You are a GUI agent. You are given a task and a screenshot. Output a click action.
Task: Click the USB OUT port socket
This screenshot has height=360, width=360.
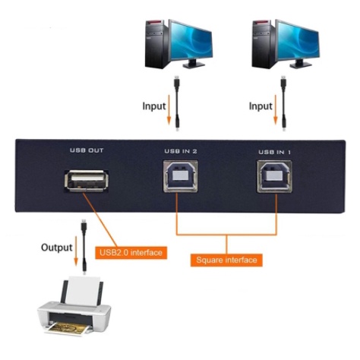click(87, 181)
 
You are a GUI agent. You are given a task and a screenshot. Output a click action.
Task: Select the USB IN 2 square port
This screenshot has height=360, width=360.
click(180, 176)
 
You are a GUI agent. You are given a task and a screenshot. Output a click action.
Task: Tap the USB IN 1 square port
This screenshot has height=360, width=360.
click(274, 176)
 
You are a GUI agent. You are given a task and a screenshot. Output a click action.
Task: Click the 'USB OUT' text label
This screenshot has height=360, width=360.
click(87, 150)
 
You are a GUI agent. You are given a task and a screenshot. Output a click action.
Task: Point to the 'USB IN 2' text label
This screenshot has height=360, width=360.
click(181, 151)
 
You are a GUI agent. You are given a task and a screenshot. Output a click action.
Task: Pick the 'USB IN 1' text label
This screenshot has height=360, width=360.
click(275, 152)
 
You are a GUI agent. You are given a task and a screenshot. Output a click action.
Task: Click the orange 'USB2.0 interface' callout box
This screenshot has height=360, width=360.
click(131, 253)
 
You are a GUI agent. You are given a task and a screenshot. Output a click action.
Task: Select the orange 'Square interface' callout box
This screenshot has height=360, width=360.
click(226, 260)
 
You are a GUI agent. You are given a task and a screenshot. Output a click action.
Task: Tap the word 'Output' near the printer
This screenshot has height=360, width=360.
click(57, 248)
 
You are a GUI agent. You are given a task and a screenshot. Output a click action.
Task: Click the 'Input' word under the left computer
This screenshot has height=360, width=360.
click(154, 106)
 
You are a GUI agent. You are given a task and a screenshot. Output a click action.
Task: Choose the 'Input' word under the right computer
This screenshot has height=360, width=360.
click(261, 106)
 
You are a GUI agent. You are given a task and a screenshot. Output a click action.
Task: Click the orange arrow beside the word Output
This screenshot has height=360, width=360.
click(76, 251)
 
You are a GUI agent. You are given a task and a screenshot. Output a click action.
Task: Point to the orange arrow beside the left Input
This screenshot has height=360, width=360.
click(169, 109)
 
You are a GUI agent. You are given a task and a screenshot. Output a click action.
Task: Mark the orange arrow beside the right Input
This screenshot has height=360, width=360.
click(276, 110)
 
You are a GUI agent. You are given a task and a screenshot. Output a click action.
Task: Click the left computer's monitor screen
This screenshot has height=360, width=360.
click(191, 40)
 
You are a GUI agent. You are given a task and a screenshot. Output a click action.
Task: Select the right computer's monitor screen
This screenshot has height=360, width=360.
click(298, 40)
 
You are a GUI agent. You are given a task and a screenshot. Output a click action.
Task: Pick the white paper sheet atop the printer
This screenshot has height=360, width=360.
click(84, 291)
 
